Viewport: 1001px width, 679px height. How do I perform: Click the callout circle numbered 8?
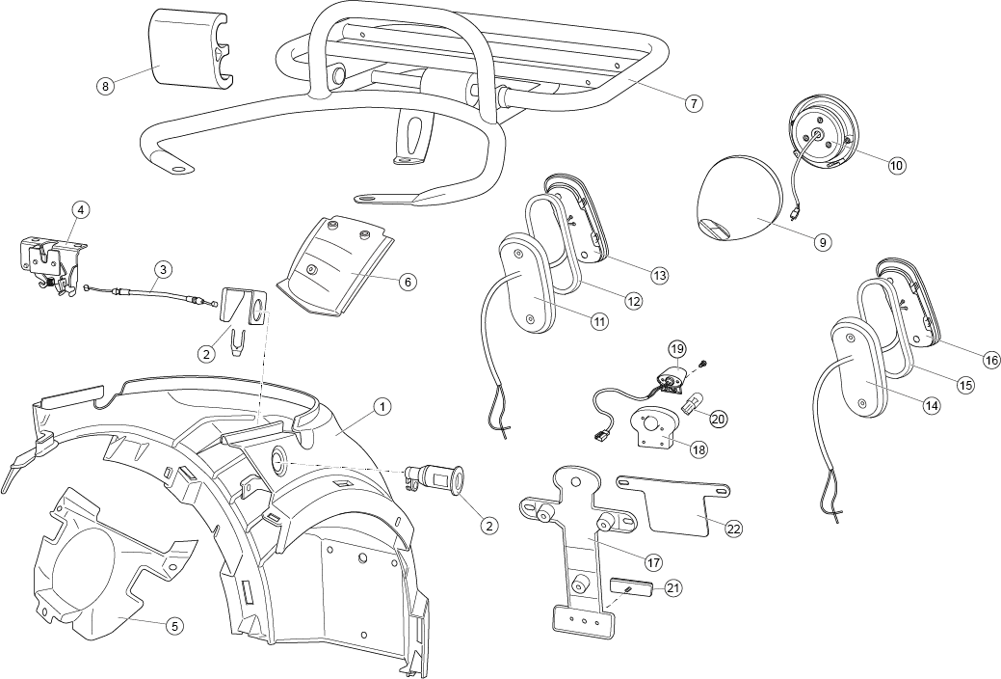pos(105,86)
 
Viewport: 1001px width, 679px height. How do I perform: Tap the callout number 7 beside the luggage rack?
pos(694,103)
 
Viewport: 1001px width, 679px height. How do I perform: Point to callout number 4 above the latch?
pos(80,209)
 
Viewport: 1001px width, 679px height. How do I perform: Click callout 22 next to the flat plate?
pos(734,529)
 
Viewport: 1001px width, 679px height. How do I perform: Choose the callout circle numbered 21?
pos(672,587)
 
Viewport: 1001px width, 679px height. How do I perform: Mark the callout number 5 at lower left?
pos(175,626)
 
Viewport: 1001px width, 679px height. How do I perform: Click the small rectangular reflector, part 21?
pos(631,587)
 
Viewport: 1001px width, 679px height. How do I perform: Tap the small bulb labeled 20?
pos(691,405)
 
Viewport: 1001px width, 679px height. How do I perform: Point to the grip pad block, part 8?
pos(190,46)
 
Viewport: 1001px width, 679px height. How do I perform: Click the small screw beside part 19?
pos(701,364)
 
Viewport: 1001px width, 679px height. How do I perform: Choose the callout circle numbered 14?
pos(932,405)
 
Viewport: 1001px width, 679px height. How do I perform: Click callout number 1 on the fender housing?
pos(382,406)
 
